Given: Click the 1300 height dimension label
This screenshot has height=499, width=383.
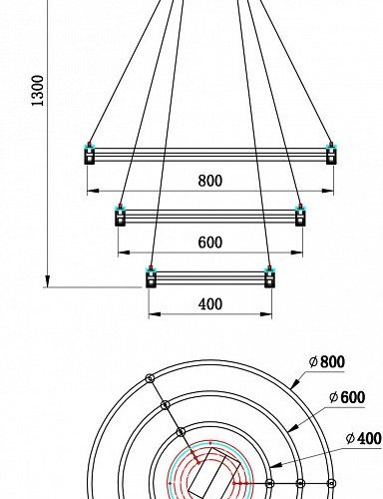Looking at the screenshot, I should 39,91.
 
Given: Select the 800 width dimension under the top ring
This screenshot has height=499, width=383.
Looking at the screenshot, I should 209,182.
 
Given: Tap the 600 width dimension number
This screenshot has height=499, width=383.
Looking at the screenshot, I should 209,243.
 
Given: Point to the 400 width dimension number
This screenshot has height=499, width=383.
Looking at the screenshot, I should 209,304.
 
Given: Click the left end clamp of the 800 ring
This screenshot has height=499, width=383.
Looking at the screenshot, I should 89,155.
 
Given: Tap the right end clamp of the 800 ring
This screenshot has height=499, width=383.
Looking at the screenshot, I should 331,155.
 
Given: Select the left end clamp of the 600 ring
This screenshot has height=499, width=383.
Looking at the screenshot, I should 120,216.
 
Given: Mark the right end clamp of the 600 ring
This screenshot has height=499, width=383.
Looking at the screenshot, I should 299,216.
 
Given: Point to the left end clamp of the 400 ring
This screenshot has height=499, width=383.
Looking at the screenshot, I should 151,276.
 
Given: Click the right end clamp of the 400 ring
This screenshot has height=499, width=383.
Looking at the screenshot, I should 268,276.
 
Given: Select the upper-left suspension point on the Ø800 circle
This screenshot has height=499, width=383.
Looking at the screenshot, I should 149,378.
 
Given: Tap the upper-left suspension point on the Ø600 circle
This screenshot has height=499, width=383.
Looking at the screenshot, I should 165,404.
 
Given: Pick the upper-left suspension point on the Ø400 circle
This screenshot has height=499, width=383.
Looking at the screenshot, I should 181,431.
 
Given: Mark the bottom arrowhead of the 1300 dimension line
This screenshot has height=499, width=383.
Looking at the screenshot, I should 46,282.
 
